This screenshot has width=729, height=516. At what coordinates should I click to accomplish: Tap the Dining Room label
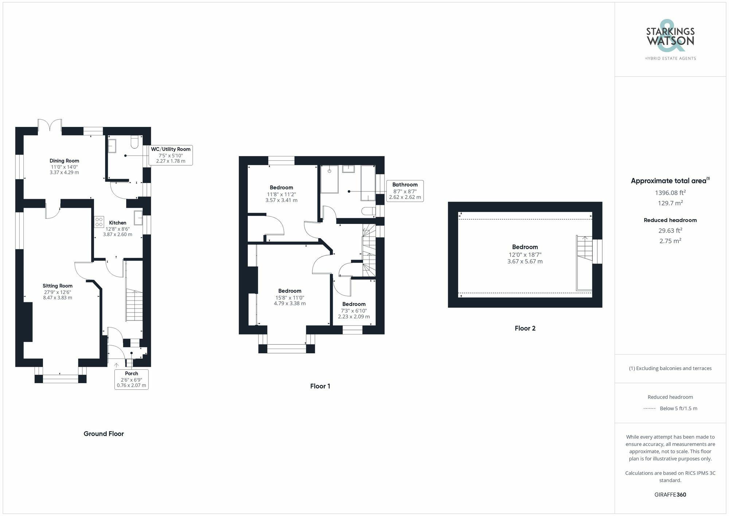pos(64,161)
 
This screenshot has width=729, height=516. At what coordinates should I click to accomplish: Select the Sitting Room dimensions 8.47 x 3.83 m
pos(58,298)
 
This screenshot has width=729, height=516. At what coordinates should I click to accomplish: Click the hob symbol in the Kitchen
pos(99,222)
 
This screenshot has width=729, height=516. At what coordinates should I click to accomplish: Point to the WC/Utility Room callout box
pos(171,155)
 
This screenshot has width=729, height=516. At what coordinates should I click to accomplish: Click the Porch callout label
pos(131,379)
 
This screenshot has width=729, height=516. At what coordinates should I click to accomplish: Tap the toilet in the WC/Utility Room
pos(135,142)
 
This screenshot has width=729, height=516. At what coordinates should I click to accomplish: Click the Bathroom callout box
pos(405,191)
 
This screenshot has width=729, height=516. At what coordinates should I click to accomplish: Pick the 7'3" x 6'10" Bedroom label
pos(354,310)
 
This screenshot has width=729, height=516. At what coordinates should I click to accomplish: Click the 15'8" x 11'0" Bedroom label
pos(290,297)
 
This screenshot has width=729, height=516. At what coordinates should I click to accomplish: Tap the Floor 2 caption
pos(525,328)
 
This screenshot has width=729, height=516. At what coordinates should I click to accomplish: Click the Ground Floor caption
pos(104,434)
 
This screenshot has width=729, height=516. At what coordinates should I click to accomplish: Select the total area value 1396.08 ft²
pos(670,193)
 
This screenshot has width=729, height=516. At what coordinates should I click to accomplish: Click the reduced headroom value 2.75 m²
pos(670,241)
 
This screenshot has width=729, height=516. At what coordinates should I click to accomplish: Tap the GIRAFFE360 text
pos(670,495)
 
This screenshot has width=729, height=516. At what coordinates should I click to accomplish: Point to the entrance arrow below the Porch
pos(116,365)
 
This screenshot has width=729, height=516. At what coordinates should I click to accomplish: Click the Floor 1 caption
pos(320,386)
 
